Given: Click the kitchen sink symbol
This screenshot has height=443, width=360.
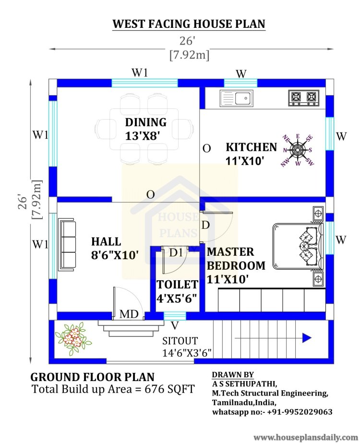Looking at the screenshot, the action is (237, 98).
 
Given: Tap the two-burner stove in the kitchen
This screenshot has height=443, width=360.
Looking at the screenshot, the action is (303, 98).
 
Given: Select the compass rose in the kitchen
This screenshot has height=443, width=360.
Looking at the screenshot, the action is (298, 150).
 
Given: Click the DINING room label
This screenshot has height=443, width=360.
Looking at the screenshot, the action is (146, 122).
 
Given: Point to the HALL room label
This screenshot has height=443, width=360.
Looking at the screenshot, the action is (106, 241).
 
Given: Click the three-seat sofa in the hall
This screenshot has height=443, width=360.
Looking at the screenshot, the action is (67, 245).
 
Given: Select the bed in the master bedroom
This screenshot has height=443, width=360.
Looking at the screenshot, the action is (298, 246).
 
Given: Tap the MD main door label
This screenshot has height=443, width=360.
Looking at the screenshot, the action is (129, 314).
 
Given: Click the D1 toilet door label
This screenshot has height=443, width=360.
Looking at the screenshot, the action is (176, 252).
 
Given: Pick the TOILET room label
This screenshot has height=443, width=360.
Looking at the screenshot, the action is (178, 285).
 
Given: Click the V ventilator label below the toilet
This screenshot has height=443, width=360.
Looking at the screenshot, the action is (175, 326).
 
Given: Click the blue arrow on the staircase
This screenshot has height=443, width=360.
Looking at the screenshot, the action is (307, 337).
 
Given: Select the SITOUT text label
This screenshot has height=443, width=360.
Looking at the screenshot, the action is (180, 341).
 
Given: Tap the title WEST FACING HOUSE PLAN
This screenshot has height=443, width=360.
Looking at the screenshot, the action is (189, 24).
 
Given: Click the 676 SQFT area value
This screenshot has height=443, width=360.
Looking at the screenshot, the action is (169, 389).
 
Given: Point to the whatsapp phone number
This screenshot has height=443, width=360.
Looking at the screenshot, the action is (300, 412).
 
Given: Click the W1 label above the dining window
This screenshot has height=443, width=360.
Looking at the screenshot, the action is (140, 72).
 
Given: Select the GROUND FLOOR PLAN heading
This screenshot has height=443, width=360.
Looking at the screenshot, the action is (93, 377).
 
